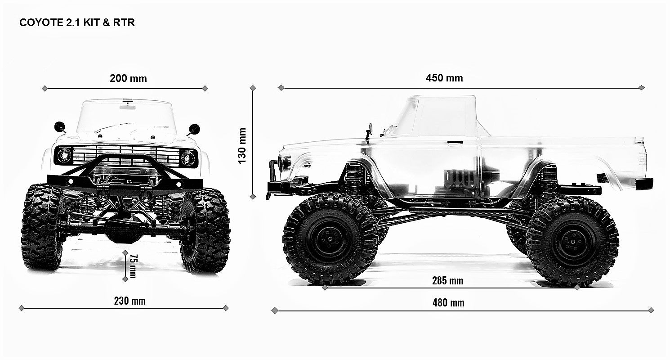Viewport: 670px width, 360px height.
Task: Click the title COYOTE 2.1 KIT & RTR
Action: point(77,22)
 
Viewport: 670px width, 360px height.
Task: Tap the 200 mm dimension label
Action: point(128,78)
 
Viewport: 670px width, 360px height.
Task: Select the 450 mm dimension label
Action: point(444,78)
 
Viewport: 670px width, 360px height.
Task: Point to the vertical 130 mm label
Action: point(242,145)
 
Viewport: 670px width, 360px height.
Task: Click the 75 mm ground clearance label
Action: point(132,265)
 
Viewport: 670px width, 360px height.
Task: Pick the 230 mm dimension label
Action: point(130,301)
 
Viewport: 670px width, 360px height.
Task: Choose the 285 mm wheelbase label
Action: point(447,281)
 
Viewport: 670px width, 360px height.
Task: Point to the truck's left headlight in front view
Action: point(64,155)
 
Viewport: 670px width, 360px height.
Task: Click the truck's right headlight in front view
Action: point(188,158)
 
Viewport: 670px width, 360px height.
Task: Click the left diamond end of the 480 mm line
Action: point(275,310)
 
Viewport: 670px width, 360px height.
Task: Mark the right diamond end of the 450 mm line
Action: point(642,87)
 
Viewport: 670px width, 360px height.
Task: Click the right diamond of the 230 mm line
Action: point(225,308)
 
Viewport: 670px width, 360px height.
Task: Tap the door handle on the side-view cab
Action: point(456,143)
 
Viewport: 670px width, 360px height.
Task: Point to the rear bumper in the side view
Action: point(644,183)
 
